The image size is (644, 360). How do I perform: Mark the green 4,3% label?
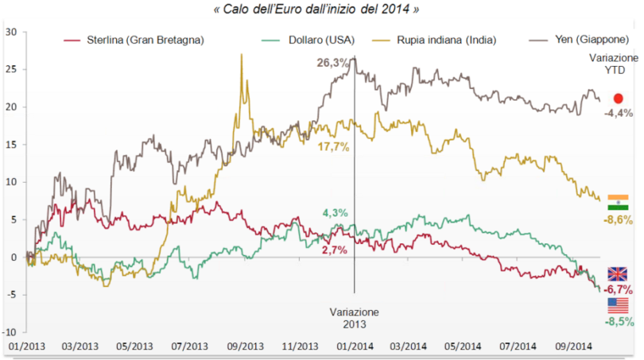coord(335,212)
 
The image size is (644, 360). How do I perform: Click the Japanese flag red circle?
coord(618,98)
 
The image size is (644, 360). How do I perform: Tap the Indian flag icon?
coord(618,202)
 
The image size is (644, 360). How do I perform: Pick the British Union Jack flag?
coord(618,274)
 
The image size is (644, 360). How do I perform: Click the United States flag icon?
coord(618,305)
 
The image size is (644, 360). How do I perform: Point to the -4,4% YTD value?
coord(618,114)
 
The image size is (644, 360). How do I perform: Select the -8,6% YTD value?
coord(618,219)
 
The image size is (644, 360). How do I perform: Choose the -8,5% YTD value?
coord(618,322)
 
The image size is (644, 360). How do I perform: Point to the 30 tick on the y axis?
coord(10,32)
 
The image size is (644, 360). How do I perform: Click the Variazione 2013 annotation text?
coord(355,317)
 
